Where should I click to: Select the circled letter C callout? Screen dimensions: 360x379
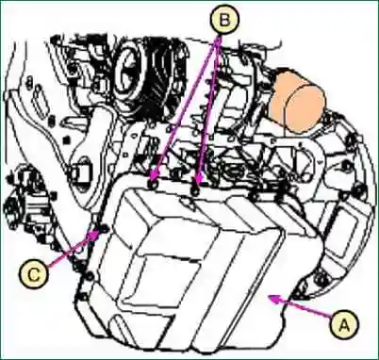[x=34, y=274]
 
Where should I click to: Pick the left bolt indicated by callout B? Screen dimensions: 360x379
[x=152, y=186]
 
